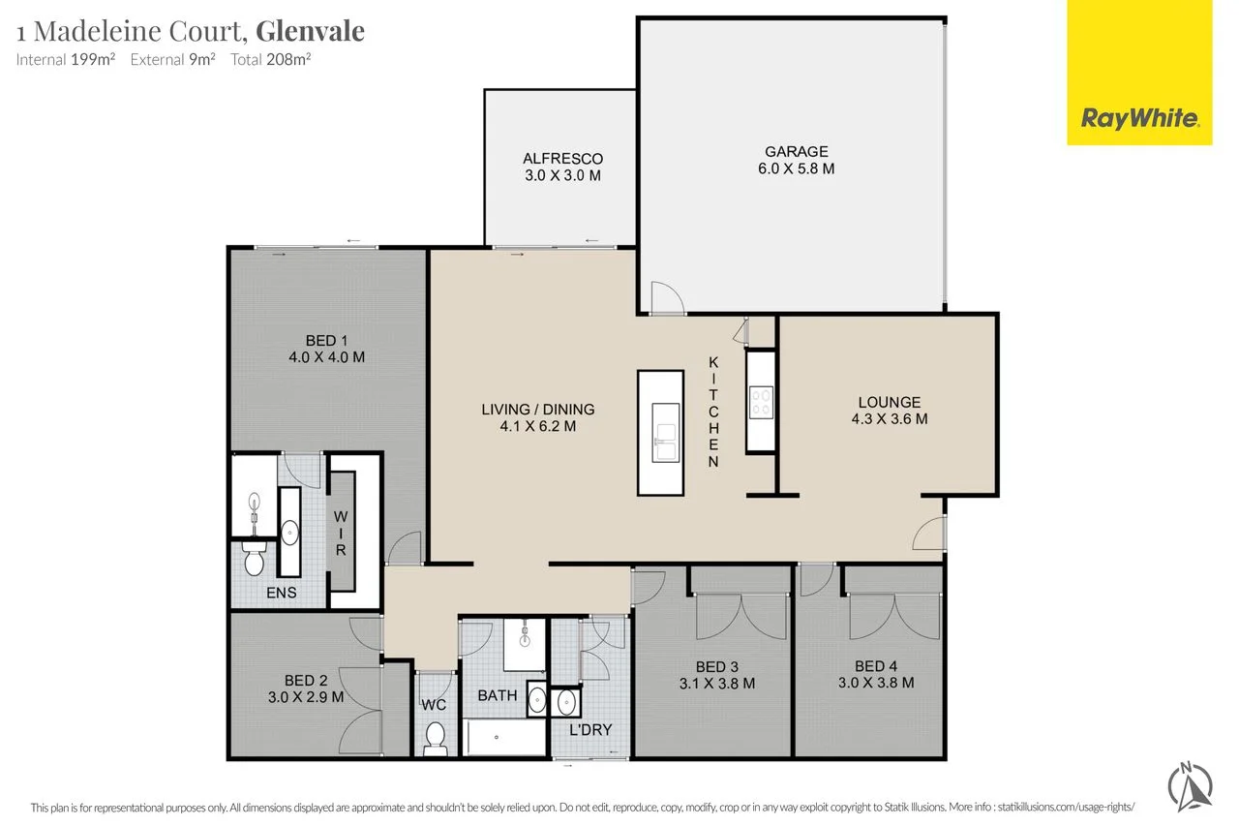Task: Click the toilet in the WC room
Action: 435,738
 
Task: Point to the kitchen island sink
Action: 666,441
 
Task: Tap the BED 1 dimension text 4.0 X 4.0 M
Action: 326,357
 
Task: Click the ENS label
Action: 282,593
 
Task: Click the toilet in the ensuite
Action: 255,560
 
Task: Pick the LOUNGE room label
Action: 889,402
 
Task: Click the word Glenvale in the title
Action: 310,31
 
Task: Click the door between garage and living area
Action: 664,299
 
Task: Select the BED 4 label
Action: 869,665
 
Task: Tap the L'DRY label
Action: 589,729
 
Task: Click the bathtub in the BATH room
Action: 504,739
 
